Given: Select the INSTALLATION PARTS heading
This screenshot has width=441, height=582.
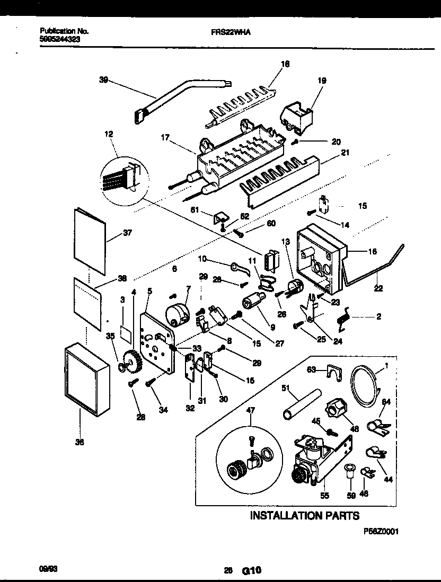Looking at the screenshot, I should [x=304, y=515].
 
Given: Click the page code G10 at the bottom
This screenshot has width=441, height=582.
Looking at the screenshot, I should [x=252, y=571].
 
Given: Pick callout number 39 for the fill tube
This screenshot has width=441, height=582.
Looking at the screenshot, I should [x=103, y=80].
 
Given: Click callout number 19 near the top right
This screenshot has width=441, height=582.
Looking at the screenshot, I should [x=322, y=81].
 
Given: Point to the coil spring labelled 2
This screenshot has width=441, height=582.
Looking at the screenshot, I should [x=345, y=318].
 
